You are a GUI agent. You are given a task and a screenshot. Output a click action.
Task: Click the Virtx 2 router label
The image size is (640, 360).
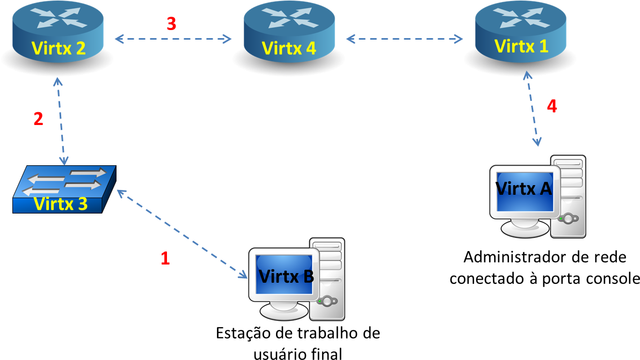click(59, 48)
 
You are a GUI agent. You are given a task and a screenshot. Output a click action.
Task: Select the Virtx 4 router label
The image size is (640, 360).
click(289, 48)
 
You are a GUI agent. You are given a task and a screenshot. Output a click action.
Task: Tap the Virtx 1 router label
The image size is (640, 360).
click(521, 46)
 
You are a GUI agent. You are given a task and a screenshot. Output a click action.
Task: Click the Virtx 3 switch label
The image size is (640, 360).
click(60, 204)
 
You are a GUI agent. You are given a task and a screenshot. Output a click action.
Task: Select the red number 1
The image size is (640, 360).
click(165, 259)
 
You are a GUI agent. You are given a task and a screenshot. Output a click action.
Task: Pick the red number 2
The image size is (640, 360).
click(38, 119)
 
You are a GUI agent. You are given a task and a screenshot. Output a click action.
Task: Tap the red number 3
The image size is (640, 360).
click(171, 24)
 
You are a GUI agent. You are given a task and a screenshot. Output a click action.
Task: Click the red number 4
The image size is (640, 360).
click(552, 106)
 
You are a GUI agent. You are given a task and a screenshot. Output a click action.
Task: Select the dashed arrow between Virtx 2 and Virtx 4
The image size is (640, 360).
click(173, 39)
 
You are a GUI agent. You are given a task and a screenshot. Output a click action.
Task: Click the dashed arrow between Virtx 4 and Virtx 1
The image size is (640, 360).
click(404, 39)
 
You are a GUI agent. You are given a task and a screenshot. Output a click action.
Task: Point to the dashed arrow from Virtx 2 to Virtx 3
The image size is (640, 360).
click(61, 121)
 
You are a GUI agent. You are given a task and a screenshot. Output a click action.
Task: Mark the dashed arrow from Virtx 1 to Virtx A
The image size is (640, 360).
click(532, 110)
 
